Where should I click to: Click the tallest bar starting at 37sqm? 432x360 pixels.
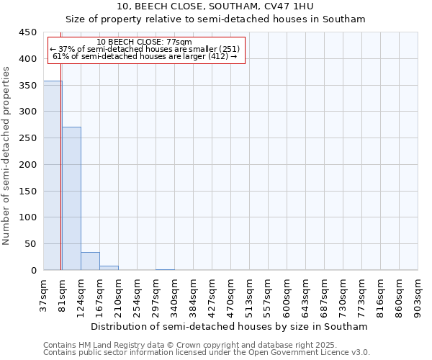(x=52, y=176)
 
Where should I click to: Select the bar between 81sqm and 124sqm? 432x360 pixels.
(x=71, y=199)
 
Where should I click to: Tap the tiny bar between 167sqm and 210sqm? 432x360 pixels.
(x=109, y=268)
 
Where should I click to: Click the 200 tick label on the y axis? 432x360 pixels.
(x=28, y=165)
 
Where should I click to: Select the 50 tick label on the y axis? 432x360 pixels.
(x=31, y=244)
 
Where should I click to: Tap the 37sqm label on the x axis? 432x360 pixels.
(x=43, y=292)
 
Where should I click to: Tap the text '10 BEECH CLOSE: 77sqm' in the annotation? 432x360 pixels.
(x=144, y=42)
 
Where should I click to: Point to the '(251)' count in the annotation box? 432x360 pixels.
(x=225, y=49)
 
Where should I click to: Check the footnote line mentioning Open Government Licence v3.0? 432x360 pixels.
(x=207, y=352)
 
